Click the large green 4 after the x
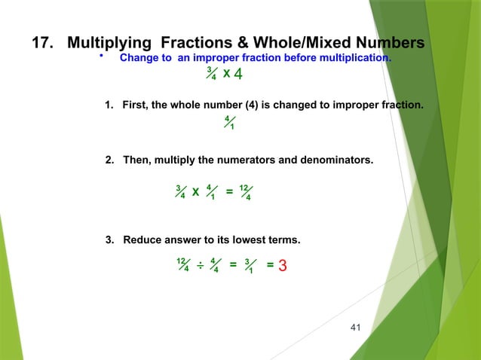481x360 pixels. click(x=237, y=75)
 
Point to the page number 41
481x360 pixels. click(x=357, y=327)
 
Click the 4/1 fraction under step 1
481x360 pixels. click(x=229, y=123)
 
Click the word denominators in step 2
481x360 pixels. click(x=333, y=160)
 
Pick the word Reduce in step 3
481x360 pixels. click(x=141, y=240)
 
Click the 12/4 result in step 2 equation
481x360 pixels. click(x=244, y=193)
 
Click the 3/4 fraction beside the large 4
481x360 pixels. click(x=212, y=75)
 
